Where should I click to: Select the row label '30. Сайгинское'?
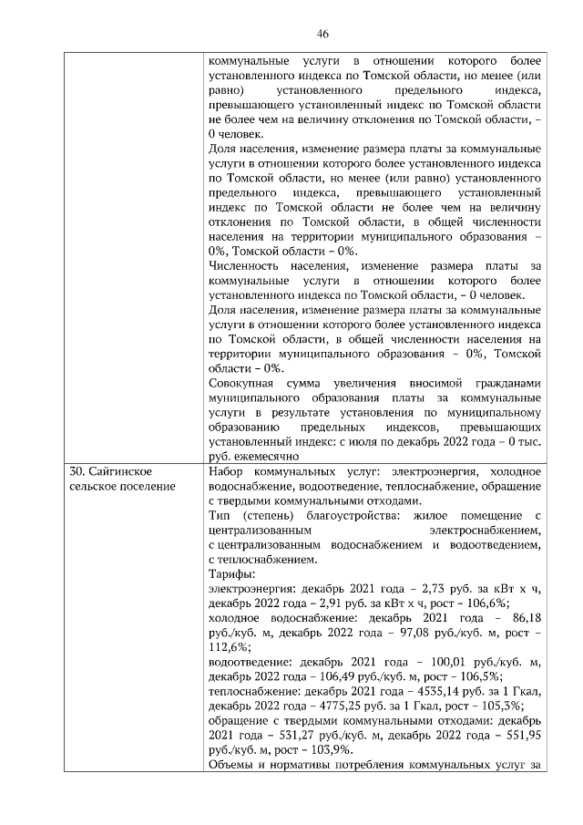(110, 471)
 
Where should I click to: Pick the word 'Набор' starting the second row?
(226, 471)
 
